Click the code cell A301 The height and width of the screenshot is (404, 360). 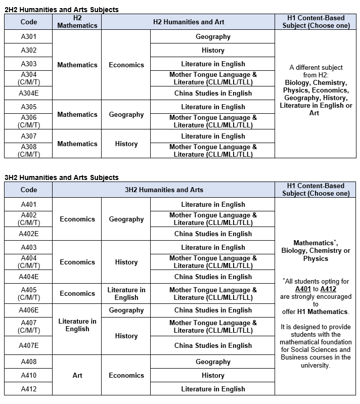(x=28, y=36)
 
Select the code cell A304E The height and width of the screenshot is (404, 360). (x=28, y=93)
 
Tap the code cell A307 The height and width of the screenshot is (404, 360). (x=28, y=136)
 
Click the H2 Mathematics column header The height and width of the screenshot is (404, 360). (x=77, y=22)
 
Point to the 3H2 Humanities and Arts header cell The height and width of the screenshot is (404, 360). (x=164, y=190)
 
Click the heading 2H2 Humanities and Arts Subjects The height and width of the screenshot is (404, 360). (x=61, y=10)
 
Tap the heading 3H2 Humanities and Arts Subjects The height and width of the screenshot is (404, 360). (x=61, y=177)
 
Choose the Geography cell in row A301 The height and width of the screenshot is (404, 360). (x=213, y=36)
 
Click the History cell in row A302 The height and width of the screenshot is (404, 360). (x=213, y=50)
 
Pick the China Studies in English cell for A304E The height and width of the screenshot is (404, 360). (x=213, y=93)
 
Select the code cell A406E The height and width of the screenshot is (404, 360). (x=28, y=310)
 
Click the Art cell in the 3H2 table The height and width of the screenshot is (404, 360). (x=77, y=375)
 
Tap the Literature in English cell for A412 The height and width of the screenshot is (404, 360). (x=213, y=389)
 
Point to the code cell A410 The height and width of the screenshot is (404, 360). (x=28, y=375)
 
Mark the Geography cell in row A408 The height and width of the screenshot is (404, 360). (x=213, y=362)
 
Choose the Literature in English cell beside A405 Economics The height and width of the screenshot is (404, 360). (x=126, y=293)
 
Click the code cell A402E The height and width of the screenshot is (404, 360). (x=28, y=234)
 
